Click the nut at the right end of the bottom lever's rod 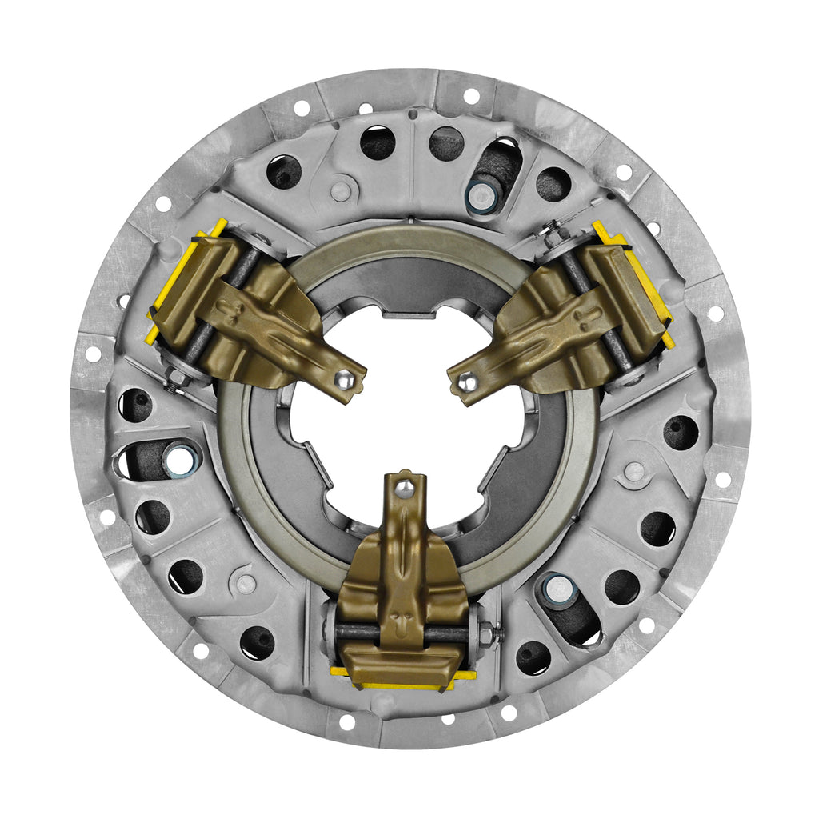pos(485,634)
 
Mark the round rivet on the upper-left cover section pos(341,190)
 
